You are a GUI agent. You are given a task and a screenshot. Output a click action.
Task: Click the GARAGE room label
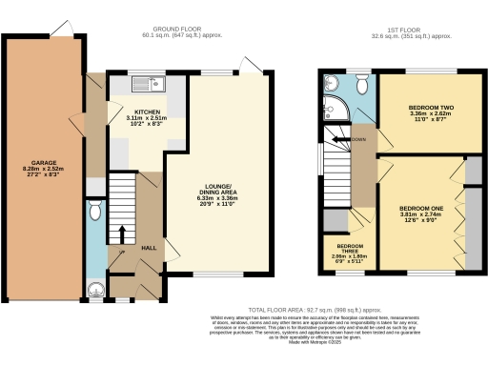point(43,164)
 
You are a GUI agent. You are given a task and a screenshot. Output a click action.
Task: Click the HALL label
point(149,248)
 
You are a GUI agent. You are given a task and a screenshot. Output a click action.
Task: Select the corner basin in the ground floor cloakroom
point(93,291)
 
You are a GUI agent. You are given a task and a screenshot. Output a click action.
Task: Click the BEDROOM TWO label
point(432,108)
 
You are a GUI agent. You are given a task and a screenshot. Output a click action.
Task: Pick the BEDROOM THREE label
point(349,247)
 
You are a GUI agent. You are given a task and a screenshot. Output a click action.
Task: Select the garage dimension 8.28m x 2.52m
point(43,171)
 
